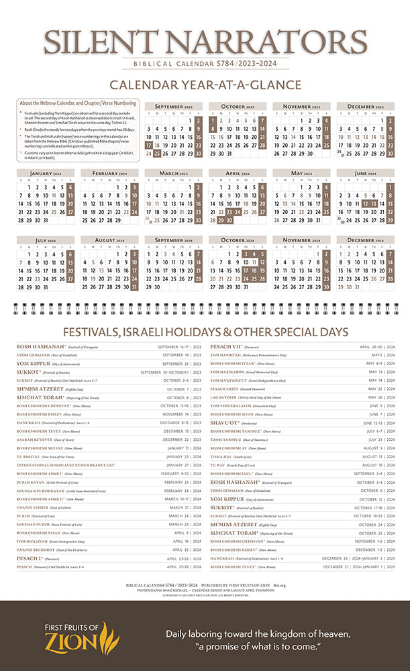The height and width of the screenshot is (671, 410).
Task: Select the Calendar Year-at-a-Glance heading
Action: coord(205,85)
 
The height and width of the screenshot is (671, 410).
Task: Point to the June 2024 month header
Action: coord(365,173)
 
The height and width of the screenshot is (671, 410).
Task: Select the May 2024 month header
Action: coord(301,173)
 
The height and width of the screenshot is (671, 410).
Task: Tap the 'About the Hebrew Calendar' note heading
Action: coord(78,103)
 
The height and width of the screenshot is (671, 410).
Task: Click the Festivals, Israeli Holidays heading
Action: coord(205,332)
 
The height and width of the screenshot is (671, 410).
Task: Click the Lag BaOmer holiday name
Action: coord(225,397)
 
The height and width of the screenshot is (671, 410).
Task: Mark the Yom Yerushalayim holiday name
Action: coord(232,405)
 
